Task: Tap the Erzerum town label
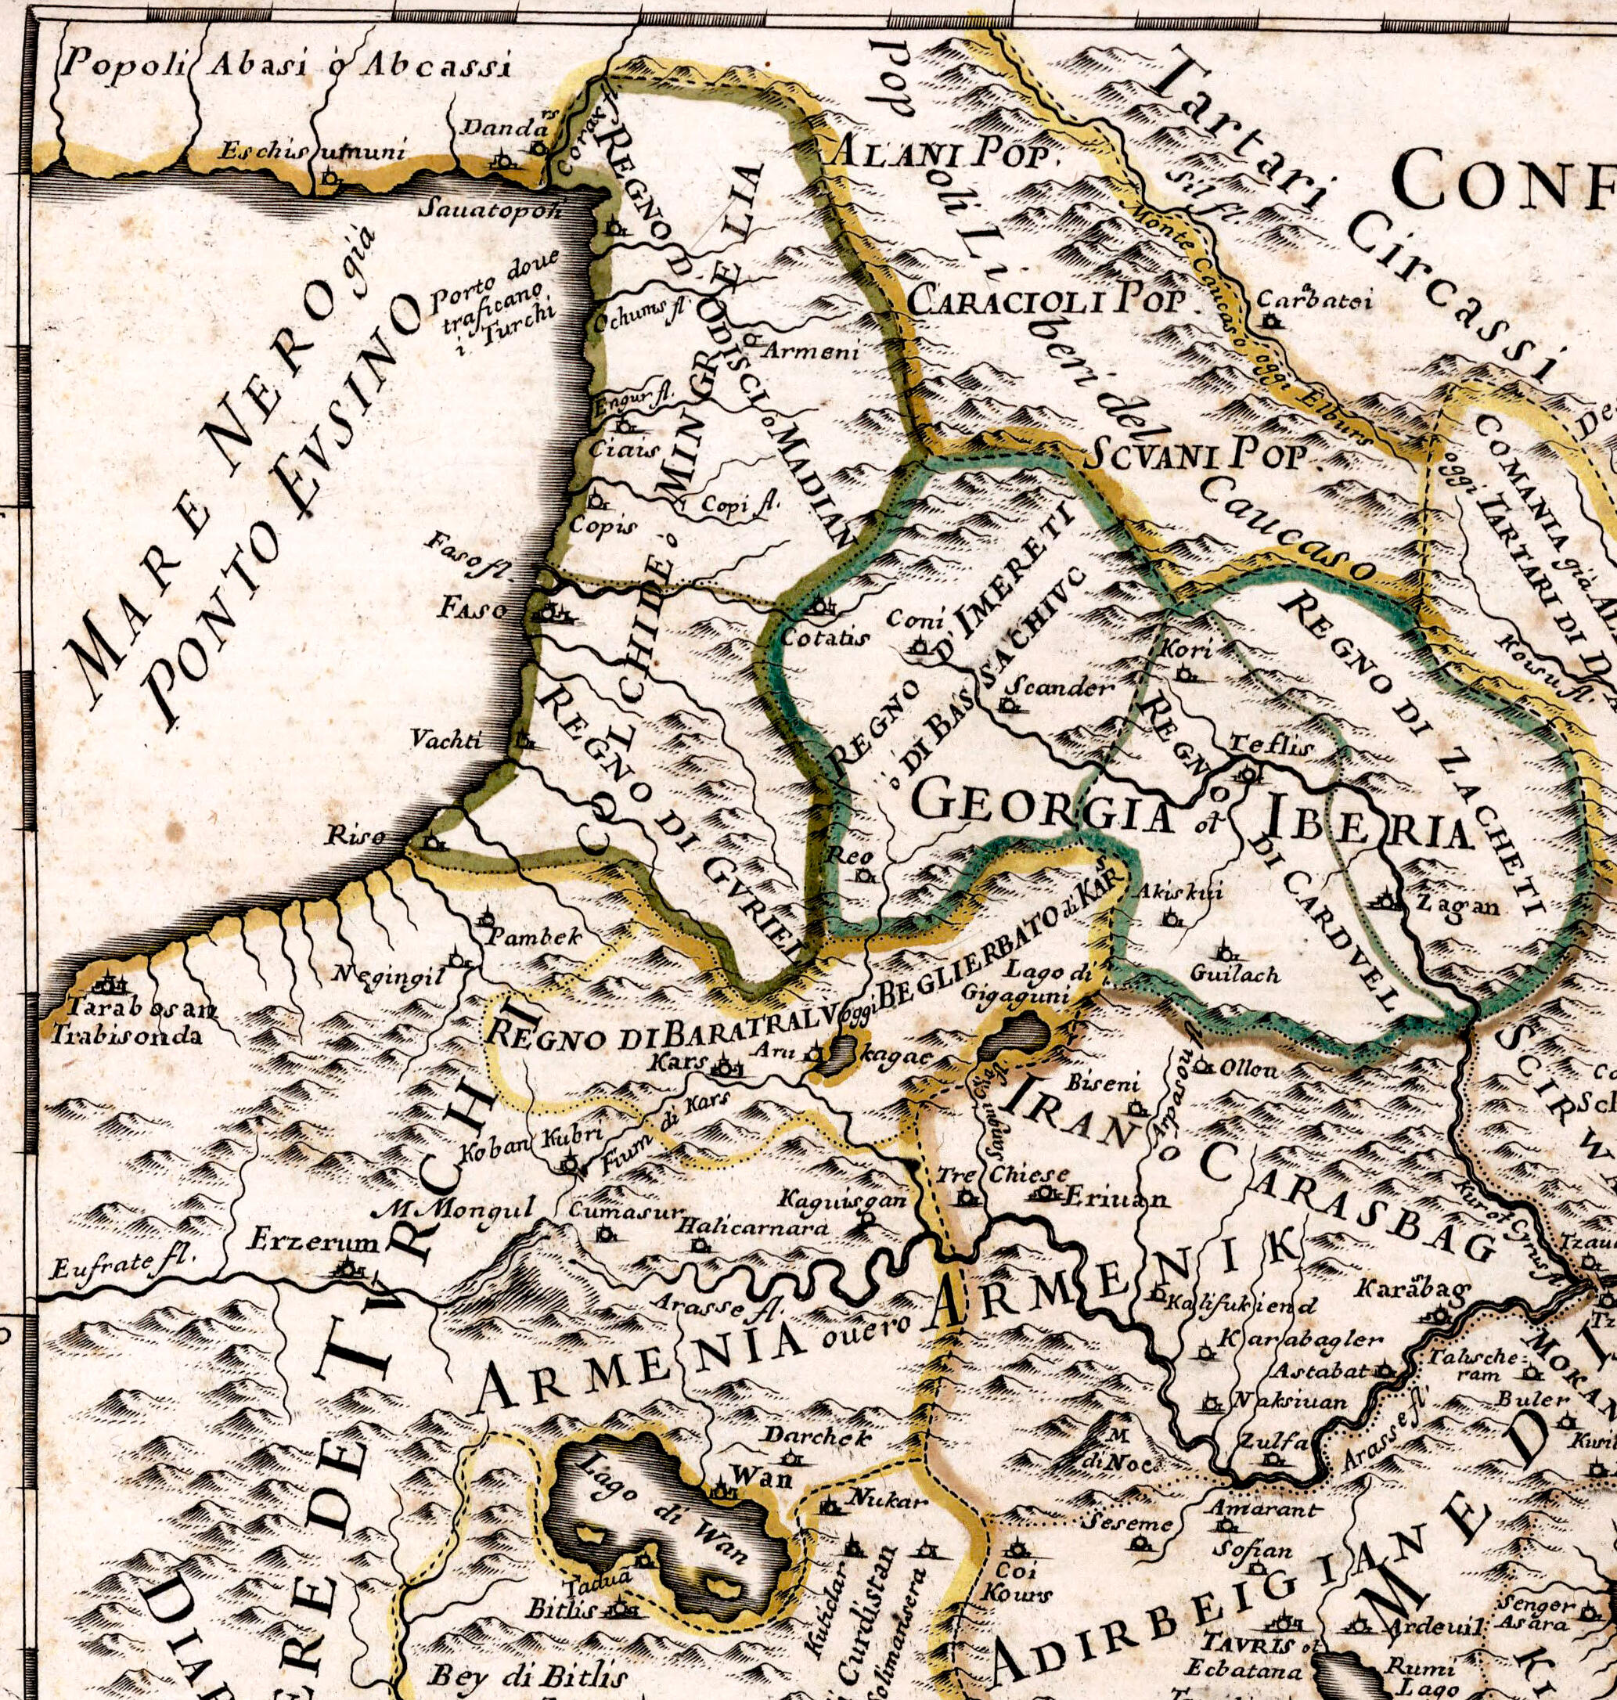(x=314, y=1242)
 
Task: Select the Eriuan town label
(x=1117, y=1198)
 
